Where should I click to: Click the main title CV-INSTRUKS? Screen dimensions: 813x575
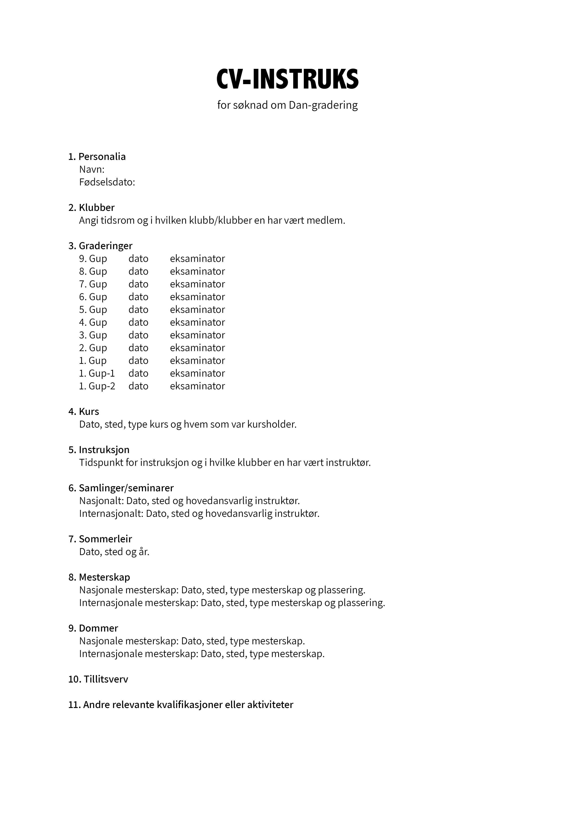(x=287, y=79)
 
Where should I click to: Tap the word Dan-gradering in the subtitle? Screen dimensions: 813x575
(x=323, y=105)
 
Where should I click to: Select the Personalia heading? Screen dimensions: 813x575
(x=102, y=156)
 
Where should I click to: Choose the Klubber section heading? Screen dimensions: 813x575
(x=96, y=207)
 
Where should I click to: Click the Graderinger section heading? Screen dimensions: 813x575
(x=105, y=246)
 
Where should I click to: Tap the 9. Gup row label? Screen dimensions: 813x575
(x=93, y=258)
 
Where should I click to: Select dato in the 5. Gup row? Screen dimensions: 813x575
(x=138, y=309)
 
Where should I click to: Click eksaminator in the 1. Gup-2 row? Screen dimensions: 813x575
(x=197, y=386)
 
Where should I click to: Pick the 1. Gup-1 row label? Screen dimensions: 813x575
(x=97, y=373)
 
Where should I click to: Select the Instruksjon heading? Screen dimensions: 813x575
(x=104, y=450)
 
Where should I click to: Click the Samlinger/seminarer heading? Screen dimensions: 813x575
(x=126, y=488)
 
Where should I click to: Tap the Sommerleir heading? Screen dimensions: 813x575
(x=105, y=539)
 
